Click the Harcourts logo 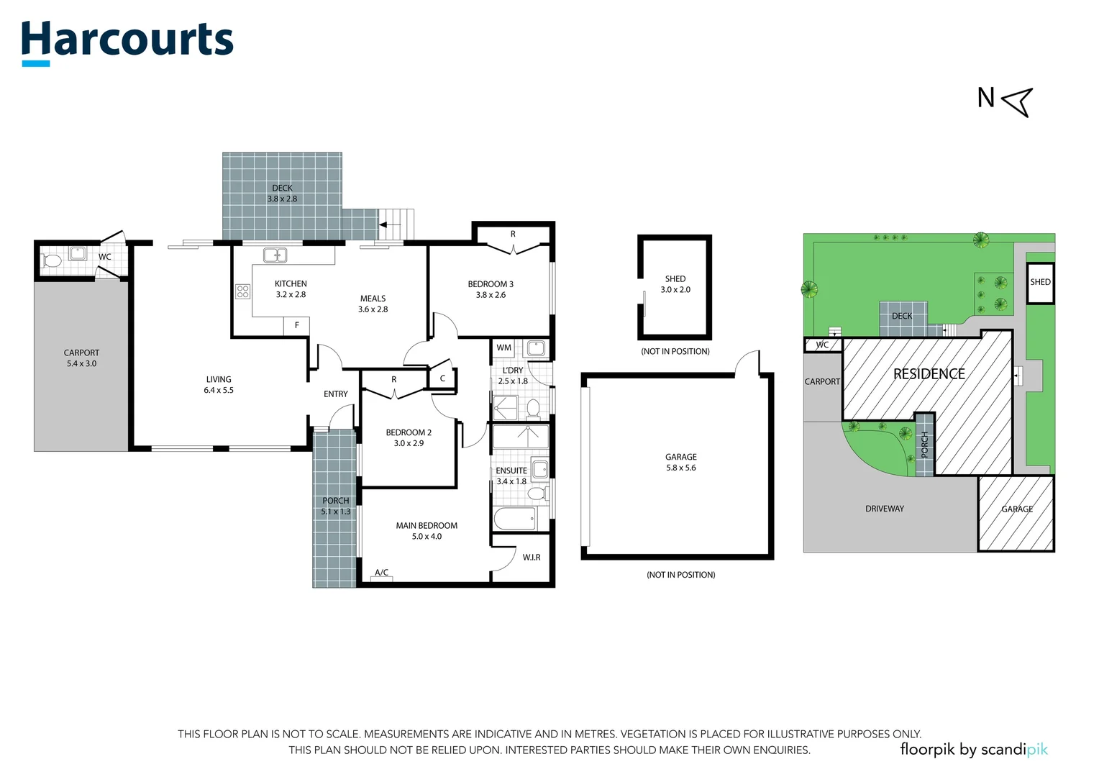127,43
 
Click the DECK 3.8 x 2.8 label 282,194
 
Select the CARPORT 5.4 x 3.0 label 81,358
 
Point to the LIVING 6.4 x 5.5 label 219,385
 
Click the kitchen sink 275,255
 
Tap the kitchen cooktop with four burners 243,291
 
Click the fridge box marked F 296,325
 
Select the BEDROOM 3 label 491,284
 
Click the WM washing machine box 504,348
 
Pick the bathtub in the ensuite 514,519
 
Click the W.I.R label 532,558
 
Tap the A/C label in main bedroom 382,573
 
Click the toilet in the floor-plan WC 51,260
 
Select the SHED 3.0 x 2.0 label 675,284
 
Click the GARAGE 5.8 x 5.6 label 681,463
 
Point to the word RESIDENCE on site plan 929,374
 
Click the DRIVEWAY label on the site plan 885,509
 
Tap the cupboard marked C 442,378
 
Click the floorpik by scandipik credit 974,750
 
